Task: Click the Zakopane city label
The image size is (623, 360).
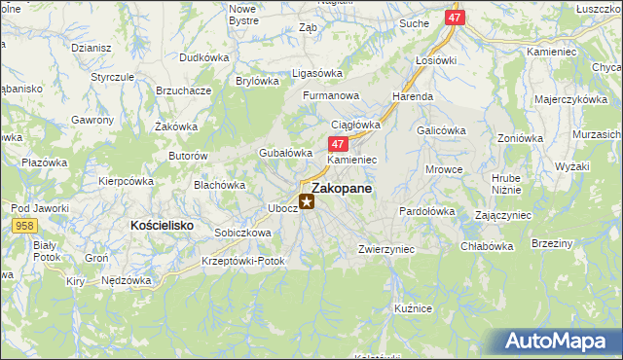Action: (x=340, y=189)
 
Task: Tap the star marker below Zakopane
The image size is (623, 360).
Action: (x=307, y=202)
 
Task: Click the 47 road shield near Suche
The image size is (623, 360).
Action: (x=455, y=18)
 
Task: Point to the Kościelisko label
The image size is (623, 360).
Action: (x=161, y=225)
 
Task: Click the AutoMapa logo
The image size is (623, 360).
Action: (x=561, y=342)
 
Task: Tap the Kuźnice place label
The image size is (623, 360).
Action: (x=413, y=307)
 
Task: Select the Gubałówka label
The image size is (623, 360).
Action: (x=284, y=153)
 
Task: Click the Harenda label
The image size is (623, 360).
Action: (x=413, y=97)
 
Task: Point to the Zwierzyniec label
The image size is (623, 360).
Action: (x=386, y=249)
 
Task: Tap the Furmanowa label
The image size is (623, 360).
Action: (x=331, y=96)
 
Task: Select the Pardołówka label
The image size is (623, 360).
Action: (x=427, y=210)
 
